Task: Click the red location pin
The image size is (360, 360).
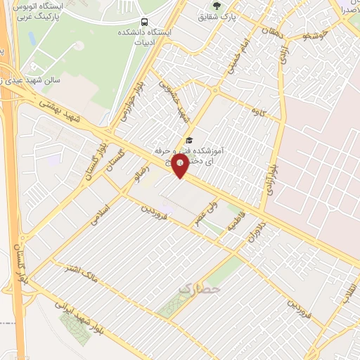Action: click(x=181, y=167)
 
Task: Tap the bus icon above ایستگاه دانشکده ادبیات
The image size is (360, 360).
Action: click(x=144, y=21)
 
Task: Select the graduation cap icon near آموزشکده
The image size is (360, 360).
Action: click(x=188, y=141)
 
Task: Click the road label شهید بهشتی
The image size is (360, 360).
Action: click(x=63, y=109)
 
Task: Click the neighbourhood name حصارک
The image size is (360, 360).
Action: click(x=199, y=288)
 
